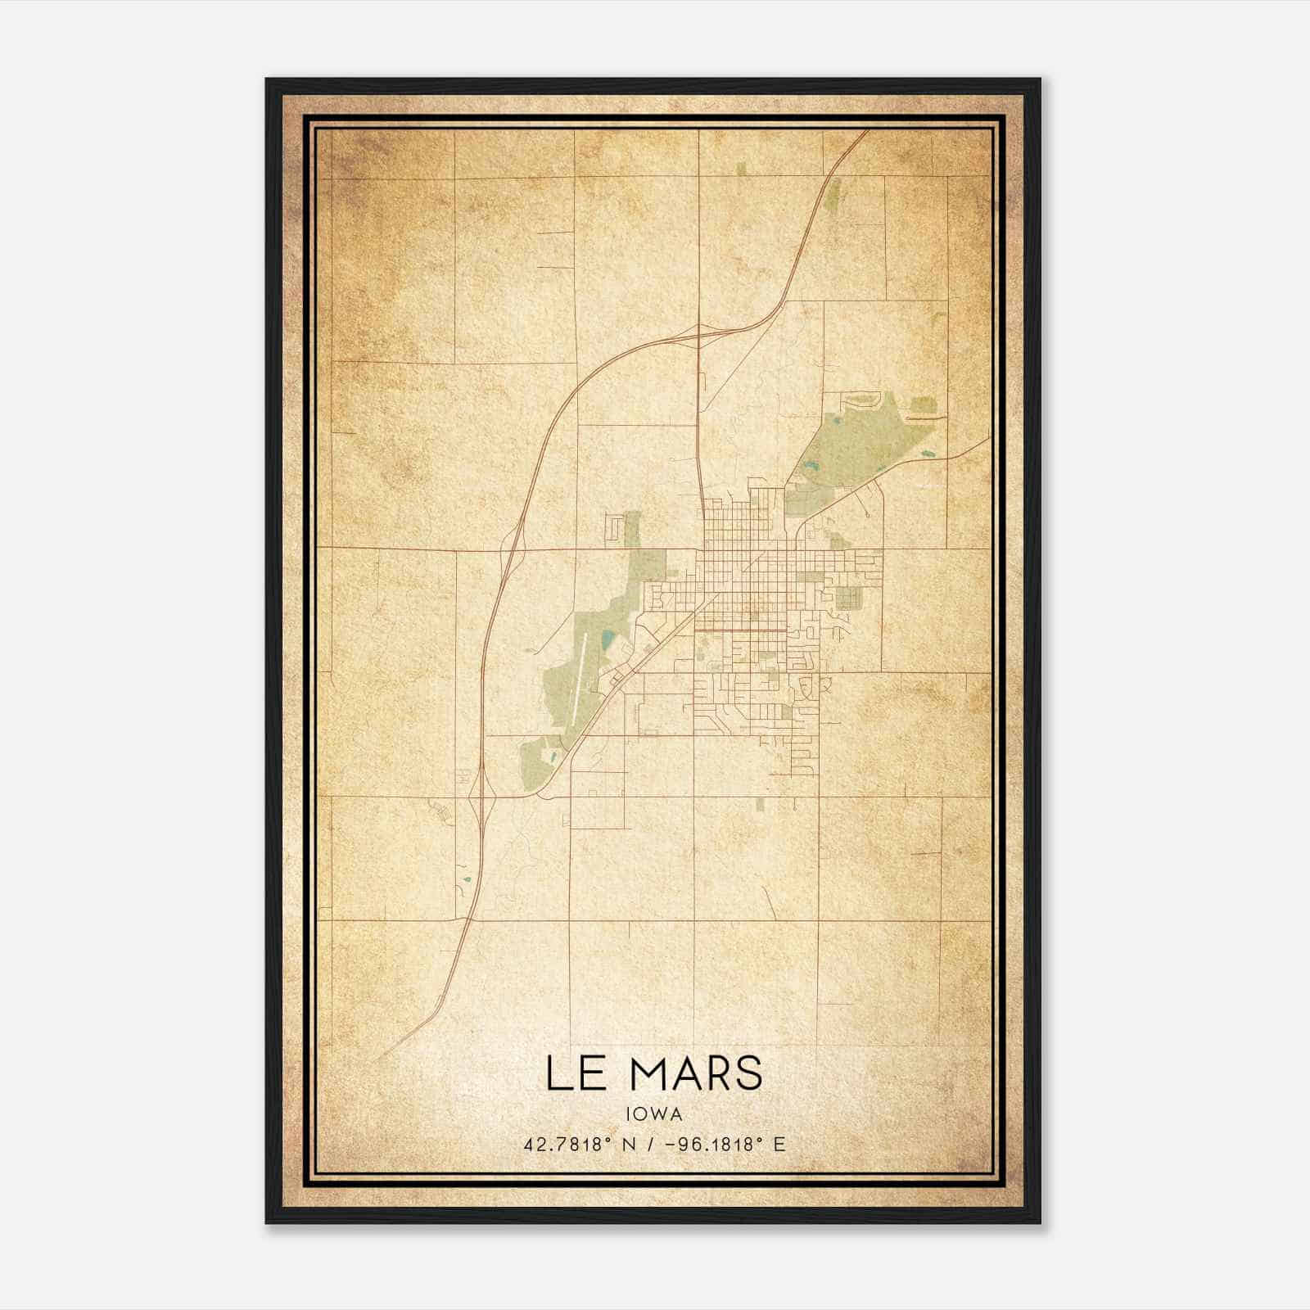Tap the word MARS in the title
pyautogui.click(x=698, y=1073)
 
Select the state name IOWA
pyautogui.click(x=654, y=1113)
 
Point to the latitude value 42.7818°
pyautogui.click(x=567, y=1144)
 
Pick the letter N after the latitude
pyautogui.click(x=630, y=1144)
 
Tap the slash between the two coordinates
pyautogui.click(x=651, y=1144)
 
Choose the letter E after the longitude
pyautogui.click(x=779, y=1144)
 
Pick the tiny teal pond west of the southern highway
pyautogui.click(x=467, y=880)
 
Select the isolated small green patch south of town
pyautogui.click(x=760, y=804)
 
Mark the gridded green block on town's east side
pyautogui.click(x=848, y=599)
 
